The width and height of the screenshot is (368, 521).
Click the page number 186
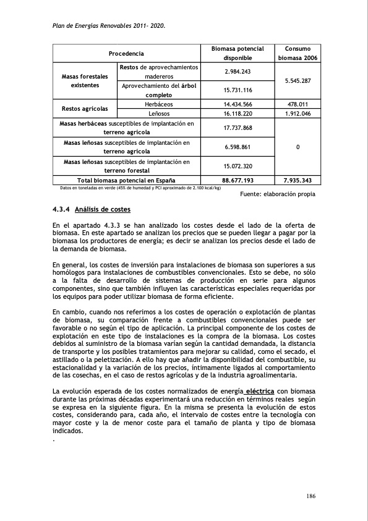pyautogui.click(x=311, y=496)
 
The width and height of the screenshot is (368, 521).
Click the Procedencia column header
pyautogui.click(x=127, y=53)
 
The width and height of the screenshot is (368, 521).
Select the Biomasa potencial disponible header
pyautogui.click(x=237, y=53)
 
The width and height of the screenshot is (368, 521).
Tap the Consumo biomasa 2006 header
pyautogui.click(x=297, y=53)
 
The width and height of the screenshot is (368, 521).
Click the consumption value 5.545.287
pyautogui.click(x=297, y=81)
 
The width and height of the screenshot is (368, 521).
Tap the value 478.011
pyautogui.click(x=297, y=105)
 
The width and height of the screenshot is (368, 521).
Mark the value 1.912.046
pyautogui.click(x=297, y=114)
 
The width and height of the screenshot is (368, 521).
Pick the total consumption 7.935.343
pyautogui.click(x=297, y=181)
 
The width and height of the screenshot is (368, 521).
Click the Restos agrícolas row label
pyautogui.click(x=85, y=110)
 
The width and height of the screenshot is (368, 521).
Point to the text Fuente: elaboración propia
pyautogui.click(x=277, y=194)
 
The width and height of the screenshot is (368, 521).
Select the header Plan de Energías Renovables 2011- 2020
pyautogui.click(x=108, y=26)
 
